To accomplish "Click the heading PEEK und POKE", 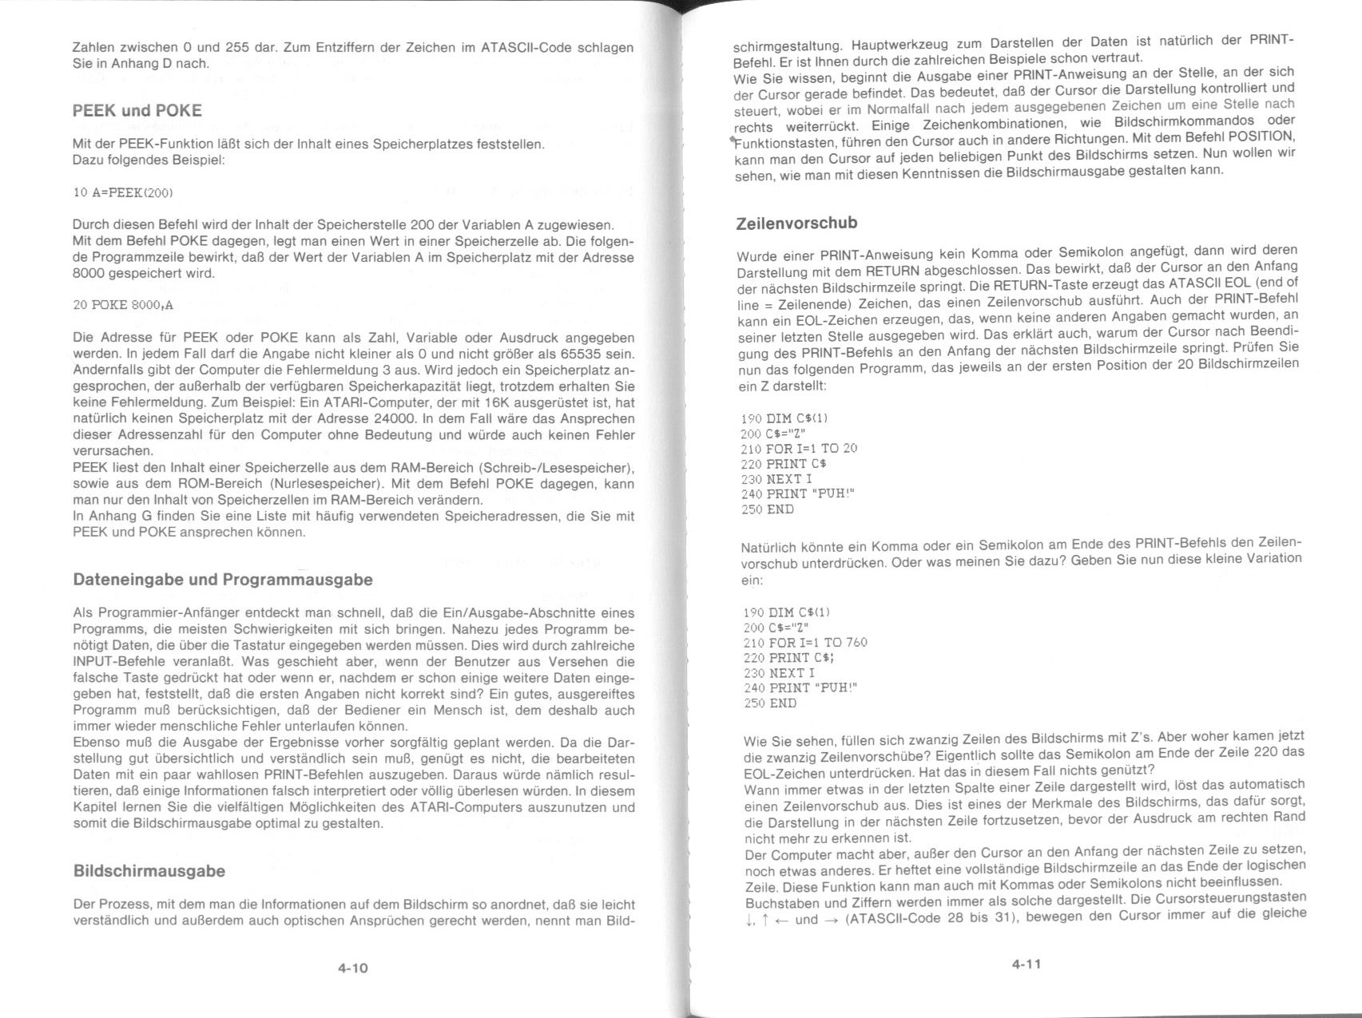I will click(137, 111).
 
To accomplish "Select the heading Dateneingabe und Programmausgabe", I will click(223, 580).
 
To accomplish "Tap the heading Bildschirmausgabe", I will click(149, 871).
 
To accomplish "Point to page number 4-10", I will click(352, 968).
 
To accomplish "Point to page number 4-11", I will click(1026, 964).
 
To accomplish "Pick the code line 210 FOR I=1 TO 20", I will click(799, 449).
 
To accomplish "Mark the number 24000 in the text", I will click(393, 418).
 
